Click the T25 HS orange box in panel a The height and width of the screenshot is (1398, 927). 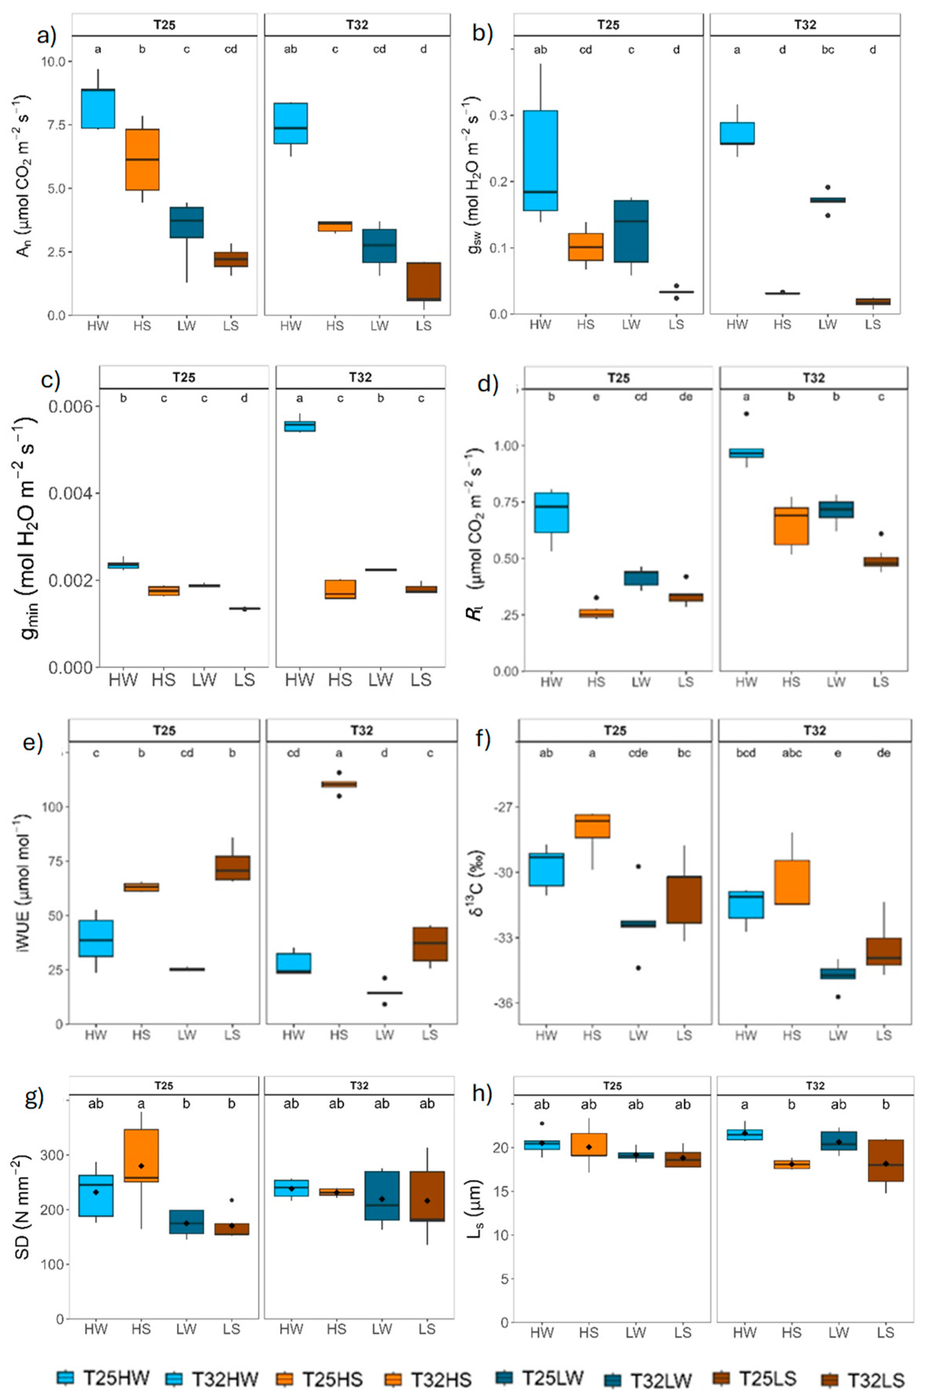pos(142,160)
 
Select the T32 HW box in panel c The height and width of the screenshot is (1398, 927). pos(300,426)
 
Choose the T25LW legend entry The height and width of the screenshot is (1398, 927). pos(539,1378)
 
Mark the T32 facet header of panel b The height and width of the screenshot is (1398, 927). pos(805,25)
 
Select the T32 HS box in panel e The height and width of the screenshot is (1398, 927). pos(339,785)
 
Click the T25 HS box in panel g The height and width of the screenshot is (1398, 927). pos(141,1156)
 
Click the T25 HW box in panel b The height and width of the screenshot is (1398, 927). pos(540,160)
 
